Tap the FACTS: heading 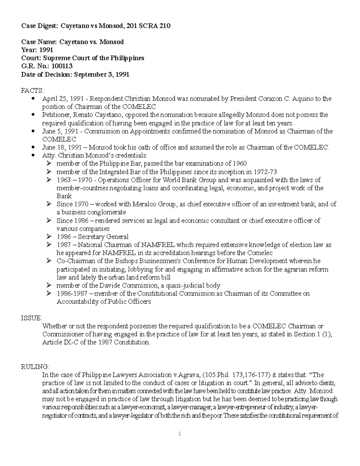click(x=33, y=91)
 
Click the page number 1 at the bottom click(x=179, y=434)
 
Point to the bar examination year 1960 click(x=240, y=164)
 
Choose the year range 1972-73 click(x=265, y=172)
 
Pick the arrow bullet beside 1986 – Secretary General click(x=49, y=236)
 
